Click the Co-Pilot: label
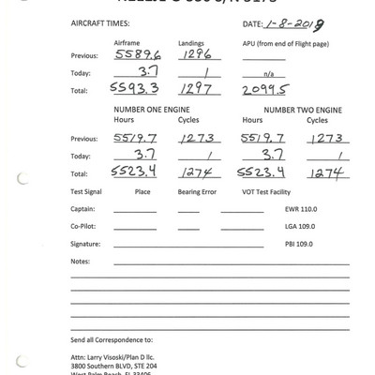[x=84, y=226]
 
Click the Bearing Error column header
[x=196, y=192]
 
